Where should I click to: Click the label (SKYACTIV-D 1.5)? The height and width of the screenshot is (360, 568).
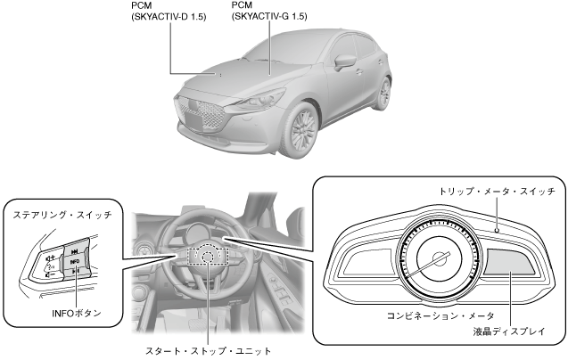pyautogui.click(x=169, y=17)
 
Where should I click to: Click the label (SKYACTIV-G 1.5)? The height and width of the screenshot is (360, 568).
pyautogui.click(x=268, y=17)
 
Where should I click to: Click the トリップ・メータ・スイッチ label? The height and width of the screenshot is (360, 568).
pyautogui.click(x=497, y=192)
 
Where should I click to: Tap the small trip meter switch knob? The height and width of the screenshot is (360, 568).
pyautogui.click(x=496, y=228)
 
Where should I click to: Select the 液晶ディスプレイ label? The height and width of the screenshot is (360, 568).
pyautogui.click(x=509, y=333)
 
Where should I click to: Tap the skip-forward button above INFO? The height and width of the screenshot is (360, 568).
pyautogui.click(x=75, y=251)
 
